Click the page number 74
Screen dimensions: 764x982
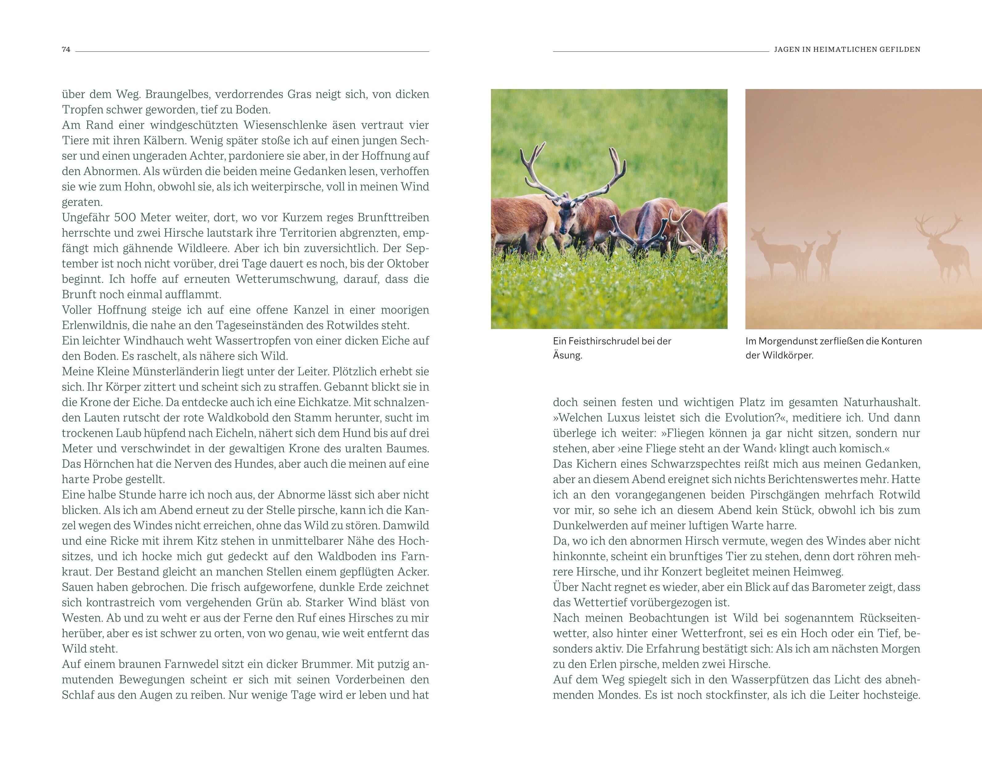click(x=66, y=50)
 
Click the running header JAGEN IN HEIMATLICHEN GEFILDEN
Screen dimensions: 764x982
click(x=847, y=50)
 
